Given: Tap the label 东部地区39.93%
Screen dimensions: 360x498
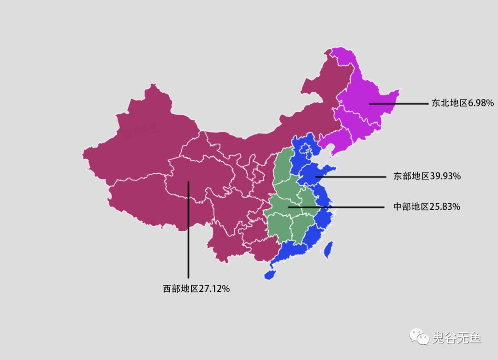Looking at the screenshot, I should click(427, 176).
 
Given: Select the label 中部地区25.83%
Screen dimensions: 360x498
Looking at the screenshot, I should click(427, 207).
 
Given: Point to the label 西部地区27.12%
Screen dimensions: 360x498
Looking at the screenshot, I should click(196, 289).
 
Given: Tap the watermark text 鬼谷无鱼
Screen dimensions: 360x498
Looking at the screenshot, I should click(456, 338).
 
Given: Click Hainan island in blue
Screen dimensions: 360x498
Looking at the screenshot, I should click(270, 275).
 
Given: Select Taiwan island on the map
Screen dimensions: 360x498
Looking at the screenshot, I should click(329, 249).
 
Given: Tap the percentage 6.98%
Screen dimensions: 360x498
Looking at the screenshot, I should click(481, 103).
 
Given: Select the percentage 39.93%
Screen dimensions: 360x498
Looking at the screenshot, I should click(445, 176).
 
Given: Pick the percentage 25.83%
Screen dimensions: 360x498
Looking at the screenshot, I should click(445, 207).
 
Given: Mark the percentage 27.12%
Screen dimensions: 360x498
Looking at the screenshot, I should click(214, 289).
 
